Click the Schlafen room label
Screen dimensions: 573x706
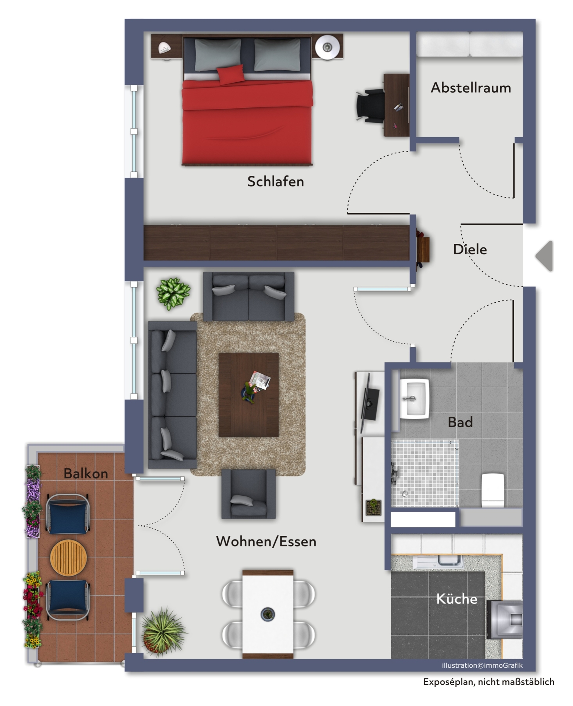(275, 182)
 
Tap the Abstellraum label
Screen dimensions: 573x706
(471, 88)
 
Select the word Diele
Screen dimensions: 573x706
(470, 249)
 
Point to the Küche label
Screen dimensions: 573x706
(456, 599)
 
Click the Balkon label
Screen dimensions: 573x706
(86, 474)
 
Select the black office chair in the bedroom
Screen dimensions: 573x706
(370, 105)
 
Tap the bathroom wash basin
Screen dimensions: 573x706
(415, 399)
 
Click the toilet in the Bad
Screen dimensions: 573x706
(493, 490)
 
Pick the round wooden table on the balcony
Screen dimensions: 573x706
(68, 558)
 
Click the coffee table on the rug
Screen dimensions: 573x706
(248, 395)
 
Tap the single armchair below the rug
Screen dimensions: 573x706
(248, 494)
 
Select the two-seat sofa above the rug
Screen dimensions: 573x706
(249, 296)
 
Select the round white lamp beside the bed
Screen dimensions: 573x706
(327, 47)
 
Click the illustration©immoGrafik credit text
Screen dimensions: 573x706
(482, 665)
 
